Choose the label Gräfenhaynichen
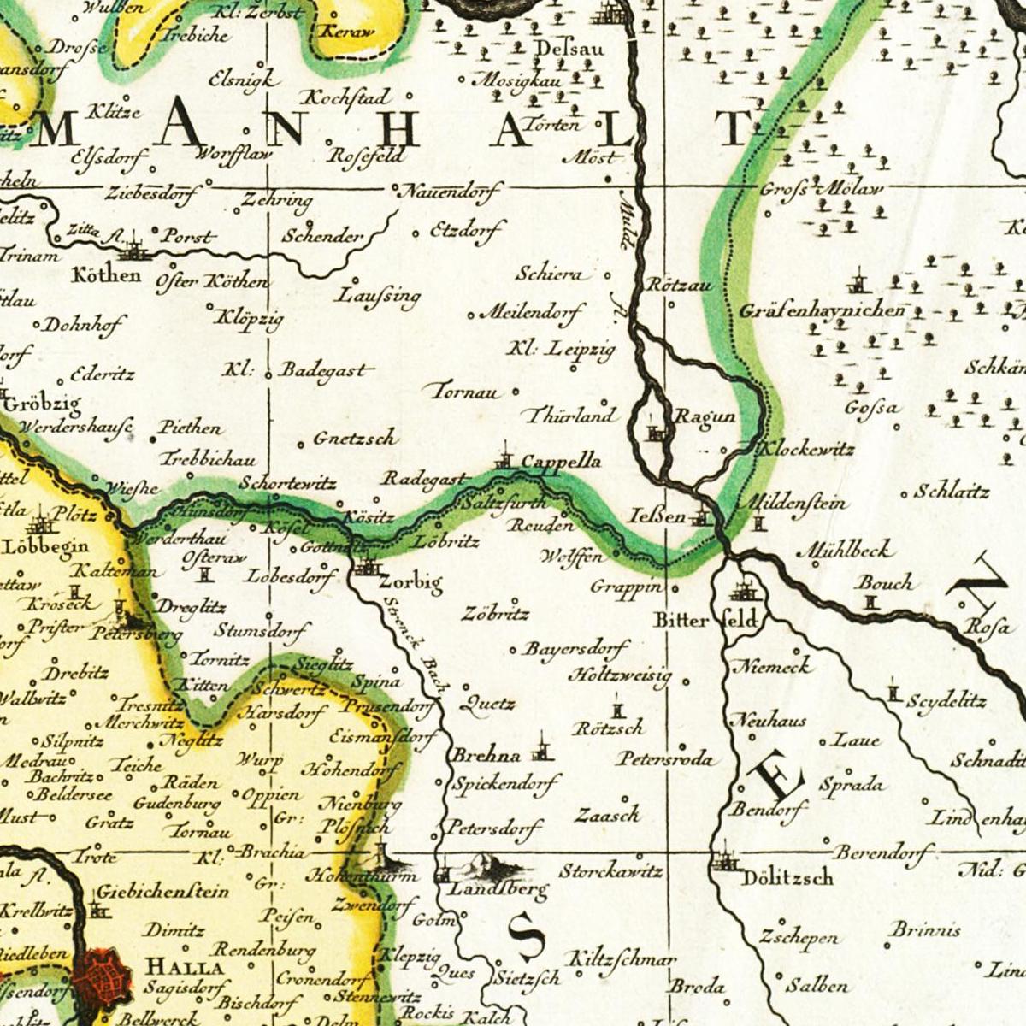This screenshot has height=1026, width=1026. tap(823, 310)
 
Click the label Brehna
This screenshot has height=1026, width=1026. tap(486, 756)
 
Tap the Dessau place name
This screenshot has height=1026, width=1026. tap(569, 49)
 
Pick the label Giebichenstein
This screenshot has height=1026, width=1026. tap(162, 892)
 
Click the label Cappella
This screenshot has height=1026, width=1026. tap(561, 462)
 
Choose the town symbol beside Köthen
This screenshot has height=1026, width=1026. tap(133, 251)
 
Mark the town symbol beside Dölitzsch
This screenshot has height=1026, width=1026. tap(725, 858)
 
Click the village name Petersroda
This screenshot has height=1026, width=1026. tap(665, 758)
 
